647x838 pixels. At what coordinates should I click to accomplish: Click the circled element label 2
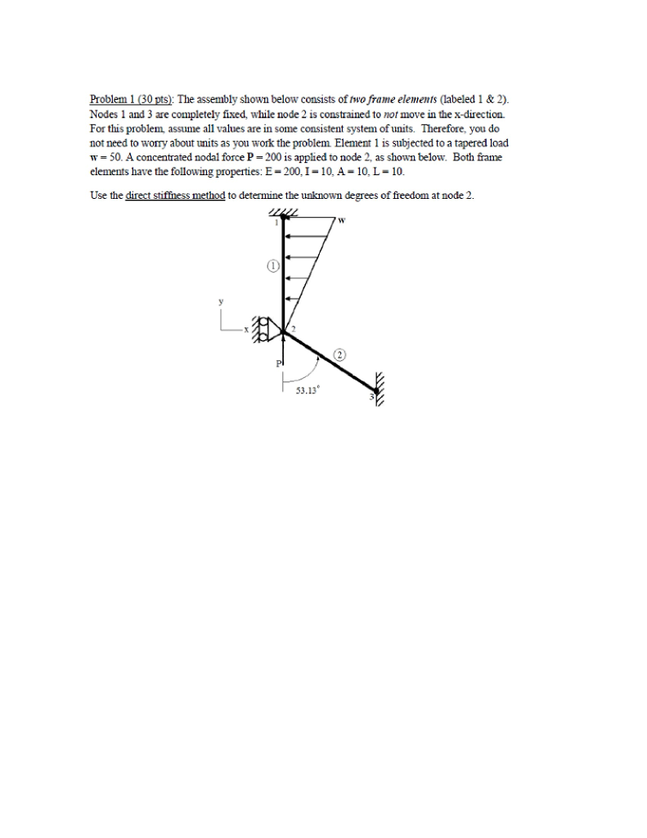click(x=340, y=354)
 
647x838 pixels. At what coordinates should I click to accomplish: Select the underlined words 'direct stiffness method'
click(x=175, y=196)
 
